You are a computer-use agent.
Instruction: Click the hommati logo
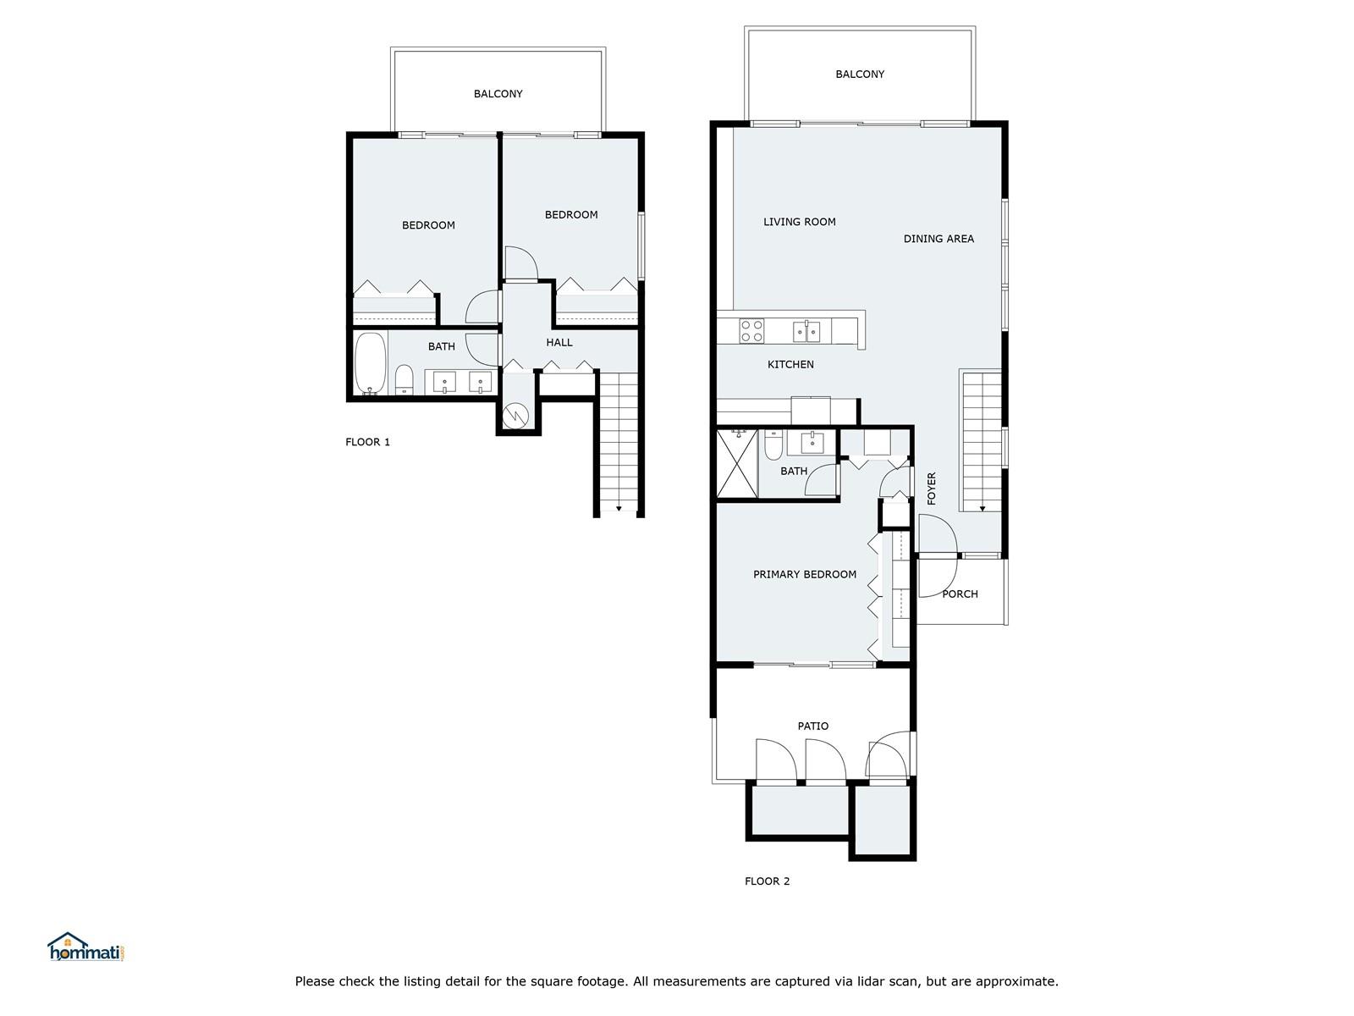86,947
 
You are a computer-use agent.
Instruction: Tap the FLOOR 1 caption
367,442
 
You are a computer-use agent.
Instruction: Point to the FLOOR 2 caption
767,881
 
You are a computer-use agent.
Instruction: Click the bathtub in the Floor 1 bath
371,363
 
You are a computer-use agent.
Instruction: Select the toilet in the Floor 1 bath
404,379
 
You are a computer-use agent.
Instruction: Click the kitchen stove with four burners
751,331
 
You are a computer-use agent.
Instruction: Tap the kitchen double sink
806,331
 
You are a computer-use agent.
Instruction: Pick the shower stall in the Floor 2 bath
737,464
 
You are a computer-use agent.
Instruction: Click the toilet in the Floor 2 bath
773,445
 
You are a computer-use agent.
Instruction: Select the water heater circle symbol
515,415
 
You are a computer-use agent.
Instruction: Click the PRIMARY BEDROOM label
805,574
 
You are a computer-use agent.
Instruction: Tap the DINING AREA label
938,239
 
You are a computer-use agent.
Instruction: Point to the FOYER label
932,489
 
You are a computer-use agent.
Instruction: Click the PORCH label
960,594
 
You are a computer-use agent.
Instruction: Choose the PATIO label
813,726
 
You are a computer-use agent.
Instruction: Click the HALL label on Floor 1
559,342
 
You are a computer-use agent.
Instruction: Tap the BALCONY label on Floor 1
498,94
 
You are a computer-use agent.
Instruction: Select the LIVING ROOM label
800,222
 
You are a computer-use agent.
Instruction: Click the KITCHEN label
790,365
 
